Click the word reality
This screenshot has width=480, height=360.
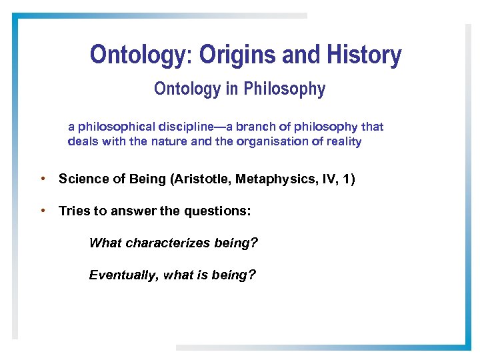click(341, 141)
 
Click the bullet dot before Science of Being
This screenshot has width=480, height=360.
click(43, 179)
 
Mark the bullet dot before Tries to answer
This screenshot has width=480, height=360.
click(43, 211)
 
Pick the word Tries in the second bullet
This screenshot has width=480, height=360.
click(73, 211)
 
